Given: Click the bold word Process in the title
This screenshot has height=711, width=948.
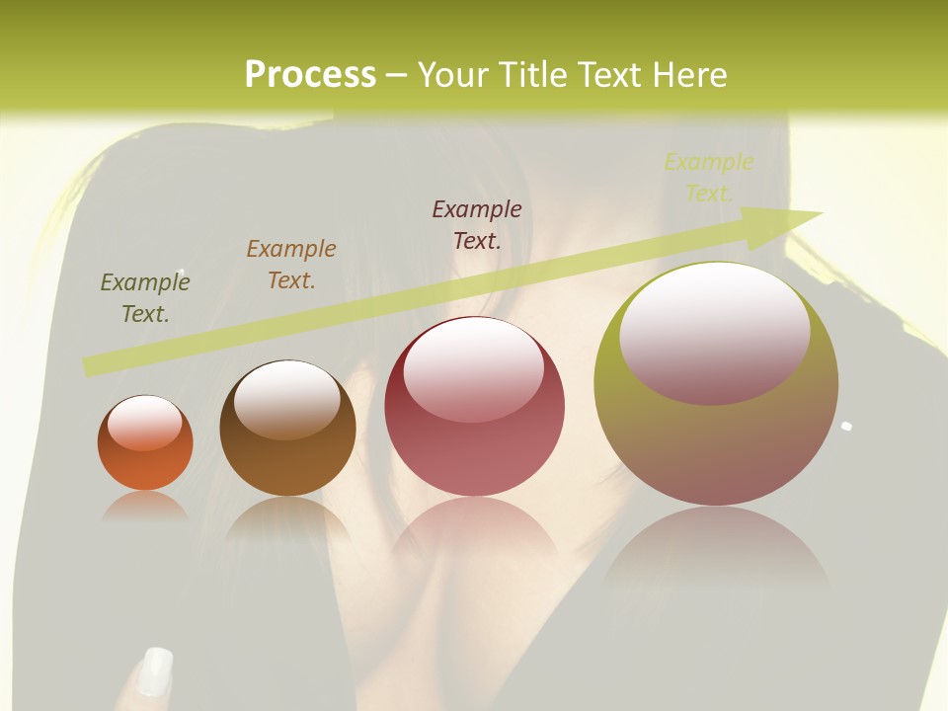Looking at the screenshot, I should pos(310,75).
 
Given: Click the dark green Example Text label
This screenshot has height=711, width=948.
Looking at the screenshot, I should pos(145,298).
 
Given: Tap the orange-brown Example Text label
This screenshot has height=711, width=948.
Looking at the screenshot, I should pos(291,265).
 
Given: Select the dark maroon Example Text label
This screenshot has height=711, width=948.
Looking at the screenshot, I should pos(477,225).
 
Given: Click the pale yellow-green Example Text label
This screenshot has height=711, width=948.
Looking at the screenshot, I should pos(708,178).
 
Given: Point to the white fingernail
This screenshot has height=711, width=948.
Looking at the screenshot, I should pos(155,671).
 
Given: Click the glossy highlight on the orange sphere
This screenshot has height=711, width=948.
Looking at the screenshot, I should pos(144,422).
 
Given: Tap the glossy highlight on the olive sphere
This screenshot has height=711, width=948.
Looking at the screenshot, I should pos(714,331).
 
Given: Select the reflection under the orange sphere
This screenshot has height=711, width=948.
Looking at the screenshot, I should pos(145,506).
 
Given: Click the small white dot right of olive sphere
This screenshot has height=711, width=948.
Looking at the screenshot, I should pos(846,427).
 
